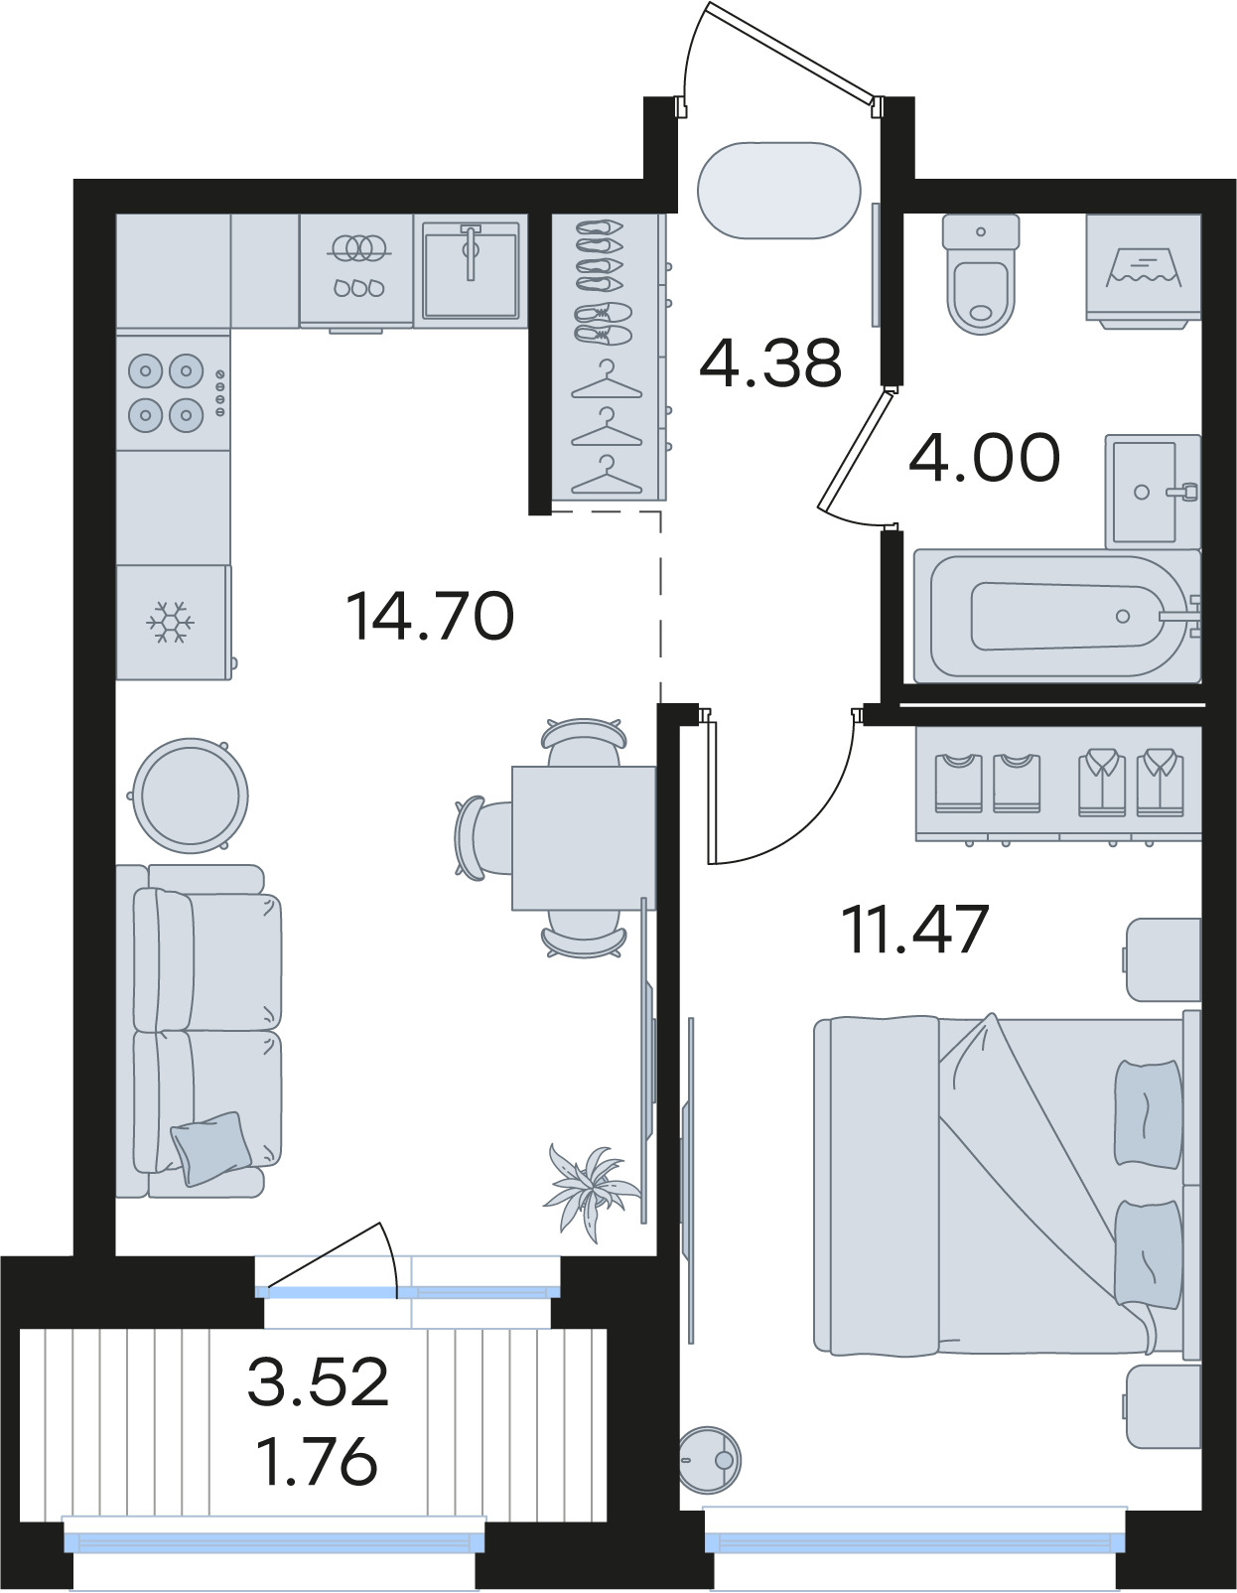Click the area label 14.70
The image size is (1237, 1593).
click(430, 617)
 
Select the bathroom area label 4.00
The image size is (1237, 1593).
click(984, 458)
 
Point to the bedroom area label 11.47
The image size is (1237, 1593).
click(916, 930)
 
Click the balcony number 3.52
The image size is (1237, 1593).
click(318, 1381)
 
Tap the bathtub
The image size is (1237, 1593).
click(1057, 616)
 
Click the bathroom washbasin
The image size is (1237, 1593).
click(1153, 491)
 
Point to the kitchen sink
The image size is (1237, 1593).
click(471, 270)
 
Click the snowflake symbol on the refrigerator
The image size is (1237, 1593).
click(170, 623)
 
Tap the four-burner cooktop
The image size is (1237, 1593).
click(173, 393)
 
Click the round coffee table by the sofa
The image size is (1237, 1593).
click(190, 796)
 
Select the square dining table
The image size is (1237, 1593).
click(584, 838)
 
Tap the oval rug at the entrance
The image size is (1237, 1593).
click(778, 190)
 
